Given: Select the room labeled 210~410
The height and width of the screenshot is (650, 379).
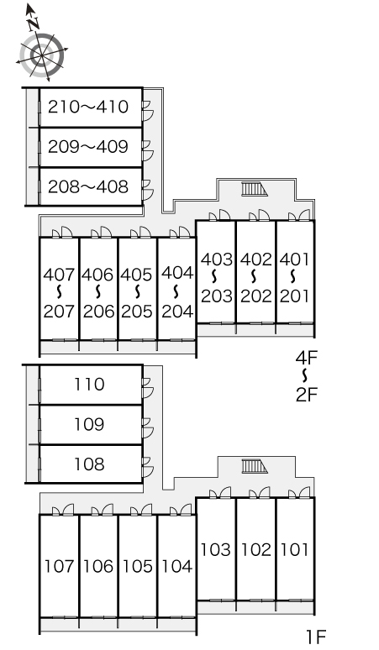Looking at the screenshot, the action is (x=91, y=107).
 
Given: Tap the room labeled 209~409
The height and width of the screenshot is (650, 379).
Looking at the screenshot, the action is (x=91, y=147).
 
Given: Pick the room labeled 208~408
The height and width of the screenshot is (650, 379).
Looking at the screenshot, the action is (x=91, y=186).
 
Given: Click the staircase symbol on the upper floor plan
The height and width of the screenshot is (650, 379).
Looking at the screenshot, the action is (x=255, y=189).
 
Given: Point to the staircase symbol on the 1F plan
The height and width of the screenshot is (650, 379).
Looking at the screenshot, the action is (x=255, y=466).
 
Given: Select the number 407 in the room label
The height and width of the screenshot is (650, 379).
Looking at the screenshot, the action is (x=59, y=275).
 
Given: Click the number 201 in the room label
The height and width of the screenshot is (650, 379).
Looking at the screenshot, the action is (x=294, y=296).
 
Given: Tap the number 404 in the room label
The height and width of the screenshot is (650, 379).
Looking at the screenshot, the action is (x=177, y=273).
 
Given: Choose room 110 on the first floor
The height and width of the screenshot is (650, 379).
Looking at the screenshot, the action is (x=91, y=385).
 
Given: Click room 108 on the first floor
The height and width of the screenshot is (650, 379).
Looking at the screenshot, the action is (x=91, y=464).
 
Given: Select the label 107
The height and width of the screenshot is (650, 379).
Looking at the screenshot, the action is (x=59, y=566).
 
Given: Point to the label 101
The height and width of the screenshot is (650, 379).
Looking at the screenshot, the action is (x=295, y=550).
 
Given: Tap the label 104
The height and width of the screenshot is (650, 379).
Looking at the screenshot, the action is (x=177, y=566).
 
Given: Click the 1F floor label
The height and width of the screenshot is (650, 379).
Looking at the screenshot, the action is (x=316, y=637).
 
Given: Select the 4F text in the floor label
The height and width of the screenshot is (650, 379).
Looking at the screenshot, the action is (x=307, y=358).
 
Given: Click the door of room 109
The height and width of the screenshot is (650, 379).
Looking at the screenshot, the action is (x=147, y=428).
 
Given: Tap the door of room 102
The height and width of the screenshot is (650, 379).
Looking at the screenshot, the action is (x=260, y=493).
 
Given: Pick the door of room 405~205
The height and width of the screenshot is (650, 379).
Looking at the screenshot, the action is (x=141, y=233).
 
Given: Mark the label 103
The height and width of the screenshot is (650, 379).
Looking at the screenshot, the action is (x=216, y=550).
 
